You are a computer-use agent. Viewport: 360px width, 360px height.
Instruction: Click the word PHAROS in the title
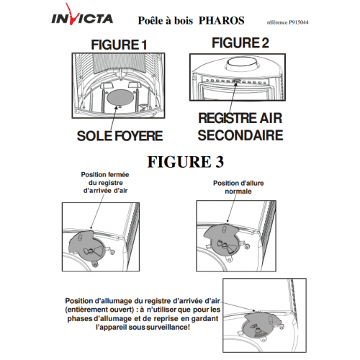click(222, 21)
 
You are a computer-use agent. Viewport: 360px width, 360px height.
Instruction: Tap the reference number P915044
click(299, 22)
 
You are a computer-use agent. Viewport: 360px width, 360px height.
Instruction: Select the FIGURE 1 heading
click(119, 45)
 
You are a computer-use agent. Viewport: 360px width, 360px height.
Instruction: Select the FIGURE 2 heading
click(240, 43)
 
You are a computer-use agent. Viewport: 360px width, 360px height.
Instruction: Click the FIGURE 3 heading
click(186, 162)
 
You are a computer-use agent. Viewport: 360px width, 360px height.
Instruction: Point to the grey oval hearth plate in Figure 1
click(120, 97)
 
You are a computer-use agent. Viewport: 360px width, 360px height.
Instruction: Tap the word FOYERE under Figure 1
click(139, 136)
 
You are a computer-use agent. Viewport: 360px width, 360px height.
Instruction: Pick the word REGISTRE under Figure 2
click(224, 118)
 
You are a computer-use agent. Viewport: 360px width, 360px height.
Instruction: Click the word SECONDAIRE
click(240, 135)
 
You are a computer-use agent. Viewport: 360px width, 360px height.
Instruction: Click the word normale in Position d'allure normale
click(238, 192)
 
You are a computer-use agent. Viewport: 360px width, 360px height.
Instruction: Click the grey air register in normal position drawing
click(221, 239)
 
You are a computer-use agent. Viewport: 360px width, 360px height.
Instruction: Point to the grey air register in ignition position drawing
click(261, 324)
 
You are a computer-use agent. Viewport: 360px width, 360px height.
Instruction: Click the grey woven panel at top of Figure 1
click(119, 63)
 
